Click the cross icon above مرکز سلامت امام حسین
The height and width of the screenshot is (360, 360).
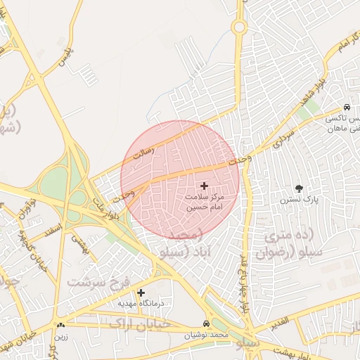point(205,186)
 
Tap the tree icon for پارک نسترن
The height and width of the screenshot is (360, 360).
point(300,188)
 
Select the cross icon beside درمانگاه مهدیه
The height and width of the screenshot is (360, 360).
point(141,292)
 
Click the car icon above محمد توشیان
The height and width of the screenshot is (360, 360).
point(205,323)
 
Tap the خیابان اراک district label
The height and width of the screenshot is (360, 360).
point(134,321)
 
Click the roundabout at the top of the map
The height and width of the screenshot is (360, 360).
point(239,27)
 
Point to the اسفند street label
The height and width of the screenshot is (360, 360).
point(53,230)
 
